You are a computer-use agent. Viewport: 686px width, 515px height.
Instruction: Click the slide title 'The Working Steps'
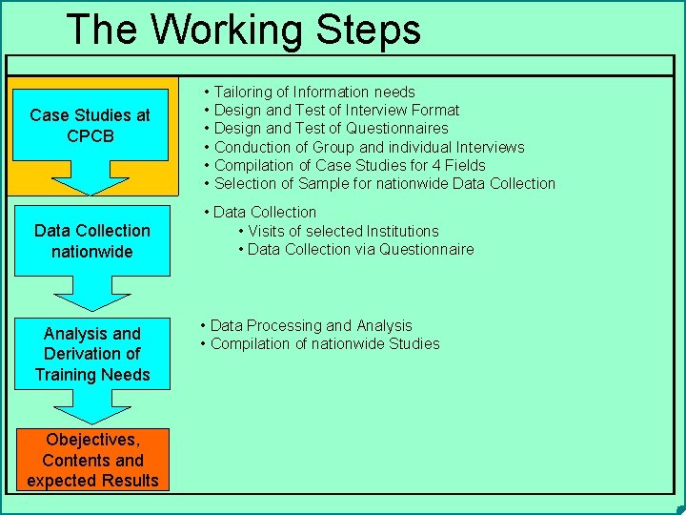pos(243,29)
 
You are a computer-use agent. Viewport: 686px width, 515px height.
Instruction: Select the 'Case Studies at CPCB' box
pos(91,125)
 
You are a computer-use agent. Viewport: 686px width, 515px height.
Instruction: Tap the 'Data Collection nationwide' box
pos(91,240)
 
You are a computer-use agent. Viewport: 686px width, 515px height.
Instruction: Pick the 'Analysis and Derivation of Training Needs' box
pos(91,354)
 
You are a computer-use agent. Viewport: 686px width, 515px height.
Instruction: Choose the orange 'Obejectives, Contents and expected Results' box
pos(92,460)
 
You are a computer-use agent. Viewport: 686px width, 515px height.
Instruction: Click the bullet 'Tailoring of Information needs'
pos(313,92)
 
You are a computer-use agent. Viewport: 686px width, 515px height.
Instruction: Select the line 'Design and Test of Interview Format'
pos(336,110)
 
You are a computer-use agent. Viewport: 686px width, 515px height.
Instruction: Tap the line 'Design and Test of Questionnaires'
pos(331,128)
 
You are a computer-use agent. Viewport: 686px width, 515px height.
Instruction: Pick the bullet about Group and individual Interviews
pos(369,147)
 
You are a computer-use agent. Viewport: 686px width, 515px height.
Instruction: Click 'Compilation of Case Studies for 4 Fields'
pos(349,165)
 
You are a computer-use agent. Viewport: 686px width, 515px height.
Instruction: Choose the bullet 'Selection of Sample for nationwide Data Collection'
pos(384,183)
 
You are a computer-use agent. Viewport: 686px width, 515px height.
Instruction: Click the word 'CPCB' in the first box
pos(91,135)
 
